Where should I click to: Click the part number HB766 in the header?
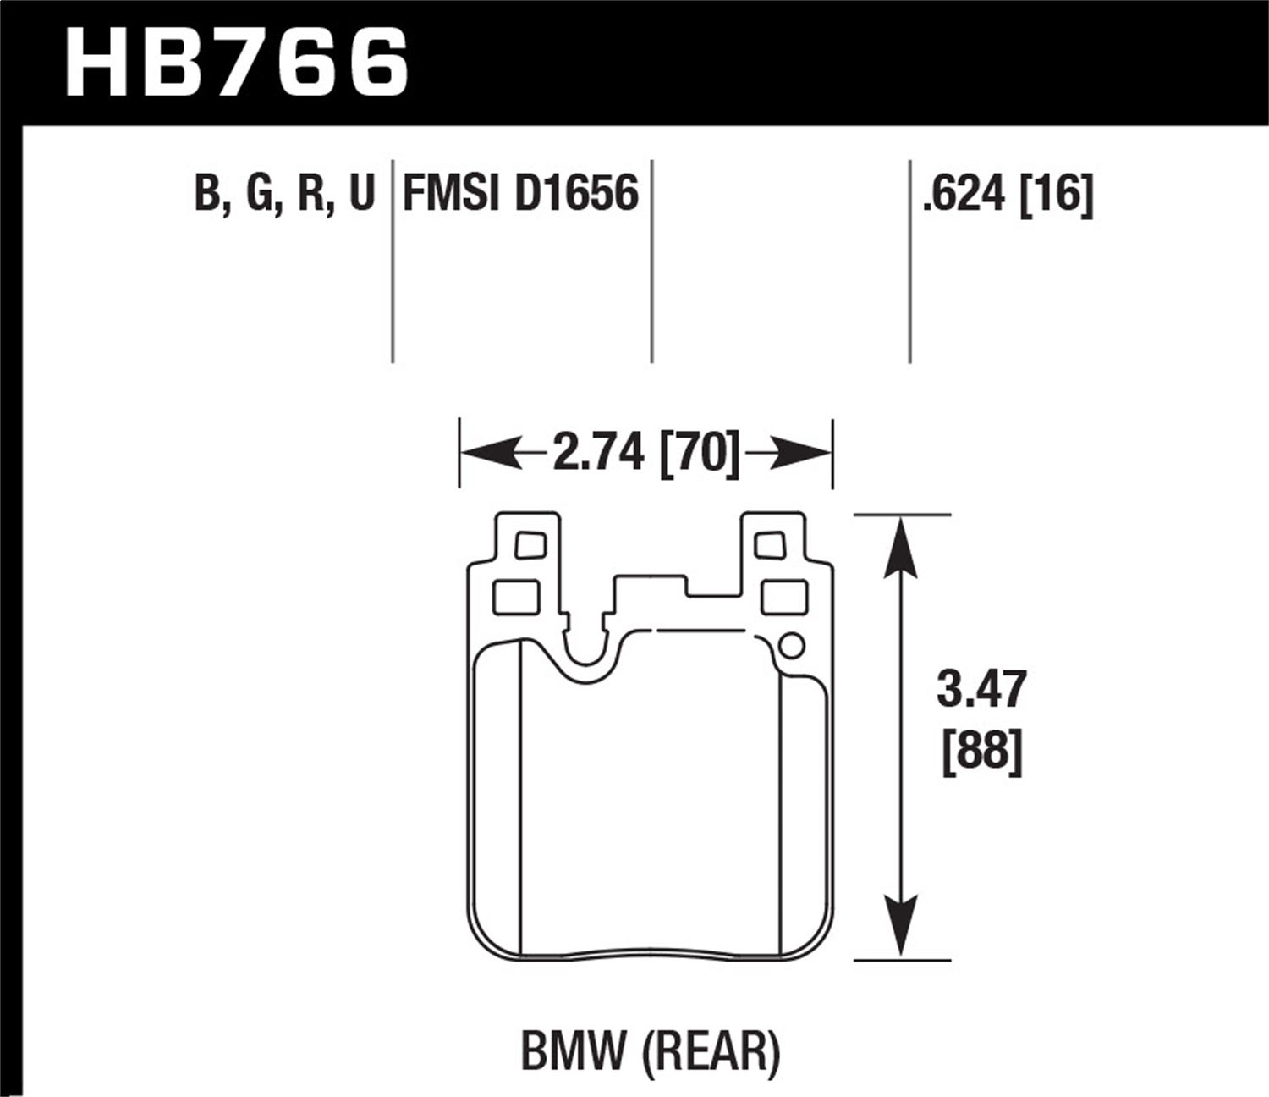point(237,63)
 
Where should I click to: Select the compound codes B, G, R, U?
point(284,194)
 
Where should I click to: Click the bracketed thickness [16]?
point(1057,196)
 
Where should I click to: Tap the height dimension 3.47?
point(981,689)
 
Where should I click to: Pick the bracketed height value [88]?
point(982,750)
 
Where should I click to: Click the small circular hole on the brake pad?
point(790,646)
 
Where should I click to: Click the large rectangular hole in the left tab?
point(516,598)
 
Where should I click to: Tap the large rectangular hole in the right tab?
point(784,598)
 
